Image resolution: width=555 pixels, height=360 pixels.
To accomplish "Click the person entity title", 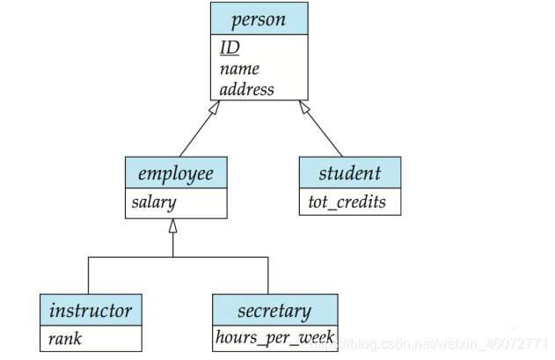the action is (x=259, y=19).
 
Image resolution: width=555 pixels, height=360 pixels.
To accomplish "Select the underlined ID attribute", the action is (x=230, y=48).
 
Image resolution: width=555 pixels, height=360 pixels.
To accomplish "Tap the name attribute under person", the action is (x=239, y=69).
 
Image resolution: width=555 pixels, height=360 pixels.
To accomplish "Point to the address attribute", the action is (x=246, y=89).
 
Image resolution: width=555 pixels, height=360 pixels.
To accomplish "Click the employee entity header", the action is (x=176, y=173).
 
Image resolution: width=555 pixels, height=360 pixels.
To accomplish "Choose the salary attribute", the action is (x=154, y=202).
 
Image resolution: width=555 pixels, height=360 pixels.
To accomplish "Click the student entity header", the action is (x=350, y=173).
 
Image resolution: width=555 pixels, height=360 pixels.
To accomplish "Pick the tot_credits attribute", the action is (x=347, y=202).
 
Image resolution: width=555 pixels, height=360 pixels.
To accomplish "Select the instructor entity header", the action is (x=91, y=311).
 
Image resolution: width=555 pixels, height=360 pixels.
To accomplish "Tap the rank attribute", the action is (x=65, y=339).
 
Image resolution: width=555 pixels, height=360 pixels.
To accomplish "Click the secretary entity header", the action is (x=274, y=311).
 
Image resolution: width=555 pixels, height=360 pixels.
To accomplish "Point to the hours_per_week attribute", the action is (x=274, y=337).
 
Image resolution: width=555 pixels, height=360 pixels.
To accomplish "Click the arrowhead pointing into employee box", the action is (x=172, y=225).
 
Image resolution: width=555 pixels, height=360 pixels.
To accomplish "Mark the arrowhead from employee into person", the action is (x=215, y=107).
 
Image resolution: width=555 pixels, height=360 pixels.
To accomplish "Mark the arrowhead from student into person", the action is (x=304, y=107).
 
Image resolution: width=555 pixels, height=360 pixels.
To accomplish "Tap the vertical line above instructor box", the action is (x=88, y=276).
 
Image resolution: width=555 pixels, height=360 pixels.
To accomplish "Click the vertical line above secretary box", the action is (x=268, y=276).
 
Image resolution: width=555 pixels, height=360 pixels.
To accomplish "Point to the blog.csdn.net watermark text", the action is (x=430, y=343).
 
